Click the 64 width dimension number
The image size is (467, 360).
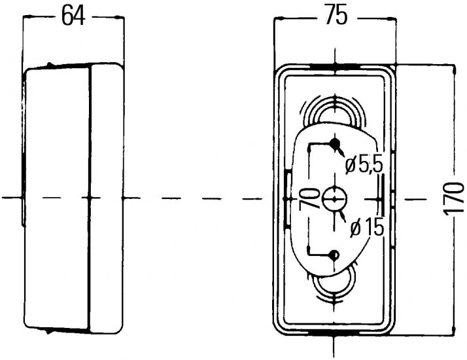[73, 16]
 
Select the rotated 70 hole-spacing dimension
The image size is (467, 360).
[309, 198]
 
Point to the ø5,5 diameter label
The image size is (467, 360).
[364, 165]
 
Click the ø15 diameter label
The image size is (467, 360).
[367, 228]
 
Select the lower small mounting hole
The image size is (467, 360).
[334, 255]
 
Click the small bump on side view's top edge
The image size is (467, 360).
[50, 64]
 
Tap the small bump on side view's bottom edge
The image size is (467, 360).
[48, 331]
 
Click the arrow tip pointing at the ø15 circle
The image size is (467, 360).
[339, 211]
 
